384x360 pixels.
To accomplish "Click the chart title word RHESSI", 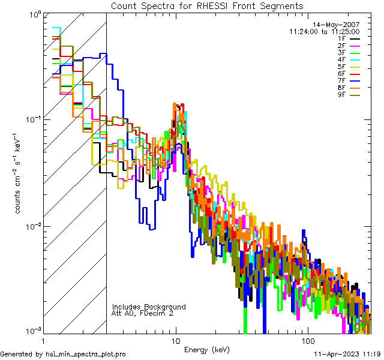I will tap(214, 6).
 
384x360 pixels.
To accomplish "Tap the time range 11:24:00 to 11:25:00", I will tap(324, 31).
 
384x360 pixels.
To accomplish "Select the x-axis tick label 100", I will tap(307, 340).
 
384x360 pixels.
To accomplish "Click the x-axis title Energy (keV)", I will tap(208, 350).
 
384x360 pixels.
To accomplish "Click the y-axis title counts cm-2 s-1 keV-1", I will tap(19, 174).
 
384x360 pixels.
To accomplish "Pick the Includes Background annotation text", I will tap(149, 307).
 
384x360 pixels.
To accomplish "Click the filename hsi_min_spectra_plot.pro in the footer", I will tap(86, 355).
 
